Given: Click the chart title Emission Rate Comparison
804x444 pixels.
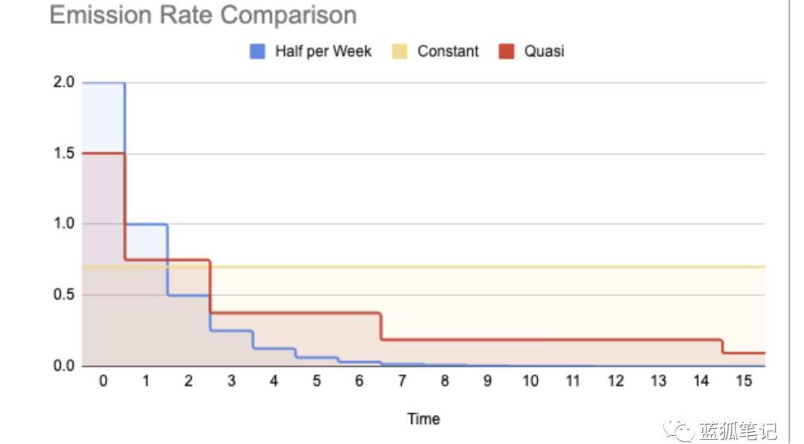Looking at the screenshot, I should coord(202,15).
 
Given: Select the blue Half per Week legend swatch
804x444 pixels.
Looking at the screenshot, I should coord(257,51).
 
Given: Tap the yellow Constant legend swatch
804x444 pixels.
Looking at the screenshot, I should coord(400,51).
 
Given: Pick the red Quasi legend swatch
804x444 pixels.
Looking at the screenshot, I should coord(506,51).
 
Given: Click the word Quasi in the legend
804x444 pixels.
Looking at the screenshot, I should coord(543,51).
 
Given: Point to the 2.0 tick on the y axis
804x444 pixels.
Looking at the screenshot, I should coord(64,83).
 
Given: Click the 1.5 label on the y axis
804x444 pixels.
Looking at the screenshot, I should coord(64,153).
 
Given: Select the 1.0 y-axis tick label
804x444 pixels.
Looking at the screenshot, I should coord(64,224).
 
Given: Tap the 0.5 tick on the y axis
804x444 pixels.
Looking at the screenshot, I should coord(64,295).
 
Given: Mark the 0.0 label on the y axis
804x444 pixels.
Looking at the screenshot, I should coord(64,366).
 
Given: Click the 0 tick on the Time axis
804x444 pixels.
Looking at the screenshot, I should coord(103,381).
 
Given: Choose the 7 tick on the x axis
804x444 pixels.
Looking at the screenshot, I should coord(402,381).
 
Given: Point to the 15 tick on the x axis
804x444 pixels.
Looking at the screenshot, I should coord(744,381).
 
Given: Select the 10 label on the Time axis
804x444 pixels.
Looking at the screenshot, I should coord(530,381).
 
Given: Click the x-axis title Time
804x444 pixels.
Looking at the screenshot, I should coord(423,419).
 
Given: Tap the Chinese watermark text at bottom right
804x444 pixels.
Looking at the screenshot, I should coord(737,431).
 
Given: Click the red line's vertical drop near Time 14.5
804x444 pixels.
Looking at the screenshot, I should coord(722,346).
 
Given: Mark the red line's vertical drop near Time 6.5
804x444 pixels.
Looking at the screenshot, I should coord(381,326).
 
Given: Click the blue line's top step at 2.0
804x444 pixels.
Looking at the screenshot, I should coord(103,83).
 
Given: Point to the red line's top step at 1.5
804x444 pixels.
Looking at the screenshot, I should coord(103,153).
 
